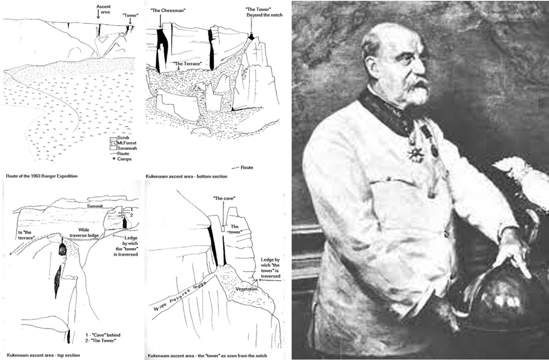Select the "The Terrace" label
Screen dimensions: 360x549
point(188,63)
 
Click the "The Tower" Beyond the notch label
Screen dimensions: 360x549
point(257,12)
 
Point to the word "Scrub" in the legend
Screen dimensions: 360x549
point(123,138)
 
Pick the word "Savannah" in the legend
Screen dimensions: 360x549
point(127,148)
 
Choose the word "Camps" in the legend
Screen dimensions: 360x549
point(124,159)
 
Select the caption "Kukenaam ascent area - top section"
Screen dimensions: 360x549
point(43,354)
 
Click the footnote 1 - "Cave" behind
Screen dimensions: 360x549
point(100,334)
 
